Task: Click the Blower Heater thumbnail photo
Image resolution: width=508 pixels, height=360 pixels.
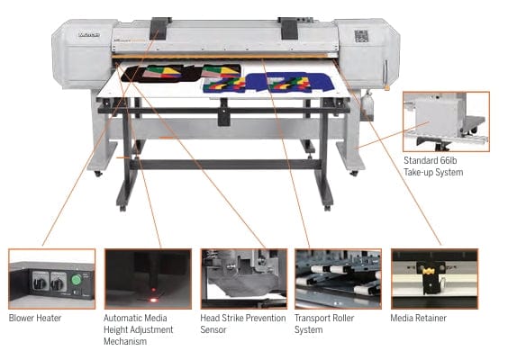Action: click(51, 278)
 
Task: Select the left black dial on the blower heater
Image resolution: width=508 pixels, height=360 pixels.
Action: click(39, 282)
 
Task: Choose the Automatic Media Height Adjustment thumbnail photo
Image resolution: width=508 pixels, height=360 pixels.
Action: click(148, 278)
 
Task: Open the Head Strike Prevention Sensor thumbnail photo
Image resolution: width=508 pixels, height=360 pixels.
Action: click(243, 278)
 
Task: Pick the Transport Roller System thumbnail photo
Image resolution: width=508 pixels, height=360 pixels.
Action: click(339, 278)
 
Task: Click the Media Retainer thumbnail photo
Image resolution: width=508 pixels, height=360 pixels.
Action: click(434, 278)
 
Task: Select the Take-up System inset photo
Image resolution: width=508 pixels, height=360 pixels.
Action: click(446, 121)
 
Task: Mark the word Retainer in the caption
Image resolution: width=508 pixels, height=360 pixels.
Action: click(429, 318)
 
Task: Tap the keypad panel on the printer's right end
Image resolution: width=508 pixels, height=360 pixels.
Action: click(361, 37)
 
